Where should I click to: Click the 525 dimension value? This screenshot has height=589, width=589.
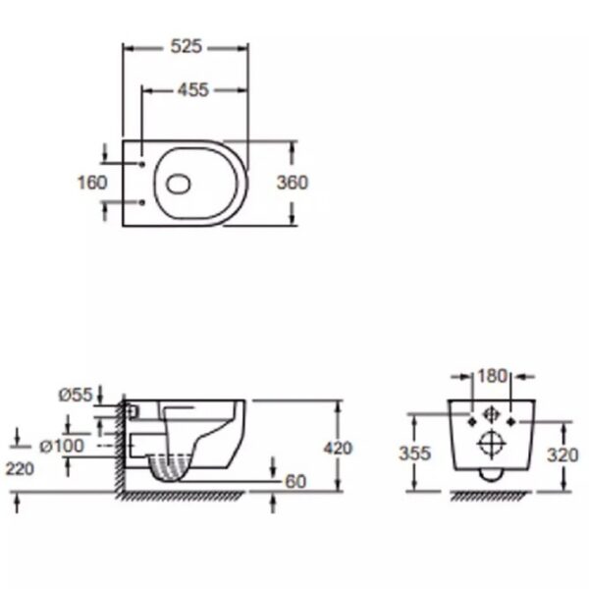187,46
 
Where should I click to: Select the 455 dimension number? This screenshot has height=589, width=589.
192,90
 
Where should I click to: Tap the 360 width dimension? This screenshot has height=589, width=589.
293,183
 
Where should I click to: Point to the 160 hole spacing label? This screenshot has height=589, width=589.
92,183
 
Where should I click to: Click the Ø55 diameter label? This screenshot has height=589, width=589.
76,395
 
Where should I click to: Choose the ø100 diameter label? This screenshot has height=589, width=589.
62,446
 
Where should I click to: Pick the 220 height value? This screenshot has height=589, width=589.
20,469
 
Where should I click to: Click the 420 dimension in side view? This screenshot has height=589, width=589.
338,449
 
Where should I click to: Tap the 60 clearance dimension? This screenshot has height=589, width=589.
295,482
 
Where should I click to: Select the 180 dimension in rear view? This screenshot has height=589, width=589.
493,376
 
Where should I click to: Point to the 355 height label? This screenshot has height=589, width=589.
414,454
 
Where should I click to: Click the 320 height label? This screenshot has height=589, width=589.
562,455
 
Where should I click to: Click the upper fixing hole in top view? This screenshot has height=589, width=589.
142,164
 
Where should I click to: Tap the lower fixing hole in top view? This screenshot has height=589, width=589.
142,202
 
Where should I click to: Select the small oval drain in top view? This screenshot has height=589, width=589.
179,185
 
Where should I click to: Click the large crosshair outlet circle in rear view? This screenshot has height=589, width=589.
492,445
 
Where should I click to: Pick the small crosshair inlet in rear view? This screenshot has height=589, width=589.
492,414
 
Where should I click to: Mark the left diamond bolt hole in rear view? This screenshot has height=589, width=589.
472,422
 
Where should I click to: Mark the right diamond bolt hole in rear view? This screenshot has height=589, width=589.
510,422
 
